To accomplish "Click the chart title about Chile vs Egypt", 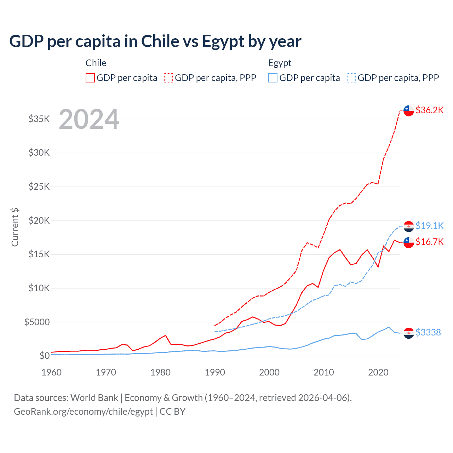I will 155,41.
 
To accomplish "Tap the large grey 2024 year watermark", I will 89,120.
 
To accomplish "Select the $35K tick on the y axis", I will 39,119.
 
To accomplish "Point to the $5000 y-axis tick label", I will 37,322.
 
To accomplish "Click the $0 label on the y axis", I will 44,356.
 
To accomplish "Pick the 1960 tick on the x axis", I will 52,372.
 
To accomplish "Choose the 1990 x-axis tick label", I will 215,372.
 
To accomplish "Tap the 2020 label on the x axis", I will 378,372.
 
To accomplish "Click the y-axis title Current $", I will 15,227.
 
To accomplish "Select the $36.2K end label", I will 429,110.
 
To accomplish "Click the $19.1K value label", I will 429,226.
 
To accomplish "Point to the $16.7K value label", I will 429,242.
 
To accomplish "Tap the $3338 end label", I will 428,332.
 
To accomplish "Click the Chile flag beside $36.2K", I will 409,110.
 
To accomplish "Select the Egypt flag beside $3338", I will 409,333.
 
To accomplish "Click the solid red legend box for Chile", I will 90,78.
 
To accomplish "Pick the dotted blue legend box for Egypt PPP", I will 351,78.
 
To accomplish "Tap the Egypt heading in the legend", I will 280,63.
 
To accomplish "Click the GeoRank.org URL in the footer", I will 83,412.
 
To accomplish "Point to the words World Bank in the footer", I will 94,398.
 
